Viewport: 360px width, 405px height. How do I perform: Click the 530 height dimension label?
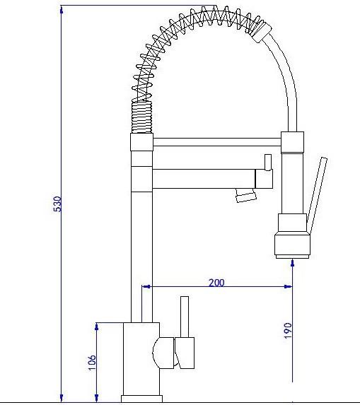(x=57, y=204)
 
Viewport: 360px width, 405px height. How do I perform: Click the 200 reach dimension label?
(x=216, y=283)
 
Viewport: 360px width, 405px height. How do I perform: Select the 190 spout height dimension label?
(x=288, y=330)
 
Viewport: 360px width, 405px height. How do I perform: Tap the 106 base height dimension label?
(x=92, y=363)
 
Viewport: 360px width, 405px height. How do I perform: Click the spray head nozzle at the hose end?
(x=292, y=246)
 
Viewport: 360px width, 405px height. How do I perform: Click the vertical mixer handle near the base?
(x=185, y=317)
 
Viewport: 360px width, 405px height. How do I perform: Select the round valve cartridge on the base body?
(x=163, y=353)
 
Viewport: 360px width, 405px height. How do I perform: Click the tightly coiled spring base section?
(x=141, y=117)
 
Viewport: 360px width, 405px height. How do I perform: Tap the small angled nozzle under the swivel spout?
(x=245, y=195)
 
